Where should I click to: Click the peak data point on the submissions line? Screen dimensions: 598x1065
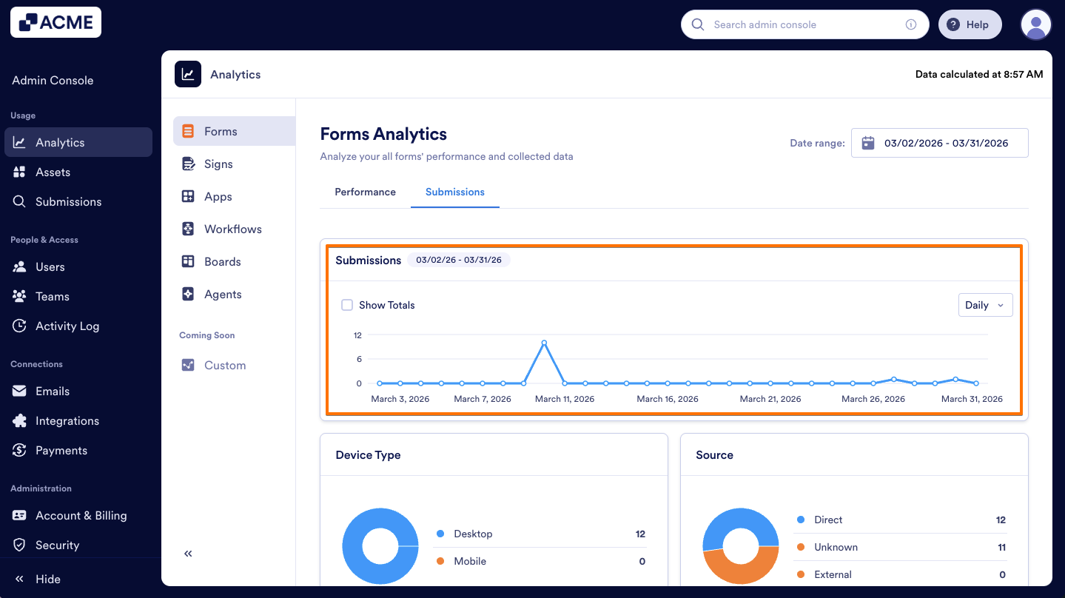coord(544,343)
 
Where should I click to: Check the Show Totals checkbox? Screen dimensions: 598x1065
coord(347,305)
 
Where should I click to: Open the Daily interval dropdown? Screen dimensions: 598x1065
coord(985,305)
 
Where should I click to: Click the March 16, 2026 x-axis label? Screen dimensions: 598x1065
coord(667,399)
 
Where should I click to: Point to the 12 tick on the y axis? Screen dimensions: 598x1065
coord(357,335)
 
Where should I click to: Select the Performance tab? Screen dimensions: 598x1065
coord(365,192)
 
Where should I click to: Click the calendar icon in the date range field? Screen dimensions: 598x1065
coord(868,143)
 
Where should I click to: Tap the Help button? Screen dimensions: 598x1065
coord(970,24)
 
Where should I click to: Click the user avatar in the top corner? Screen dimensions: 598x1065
coord(1035,24)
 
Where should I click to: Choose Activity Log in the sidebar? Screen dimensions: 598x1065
coord(67,326)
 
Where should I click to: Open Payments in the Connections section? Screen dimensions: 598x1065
coord(61,450)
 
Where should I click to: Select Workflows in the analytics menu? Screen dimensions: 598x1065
coord(232,229)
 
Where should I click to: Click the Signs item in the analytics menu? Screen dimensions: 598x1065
coord(218,164)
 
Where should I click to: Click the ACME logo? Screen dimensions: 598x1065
coord(56,22)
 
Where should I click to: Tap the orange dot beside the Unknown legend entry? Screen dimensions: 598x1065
coord(801,547)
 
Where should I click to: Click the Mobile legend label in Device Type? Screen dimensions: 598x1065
coord(470,561)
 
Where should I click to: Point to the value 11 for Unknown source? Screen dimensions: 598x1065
coord(1001,547)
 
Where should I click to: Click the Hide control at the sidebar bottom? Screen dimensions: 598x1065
coord(47,579)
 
